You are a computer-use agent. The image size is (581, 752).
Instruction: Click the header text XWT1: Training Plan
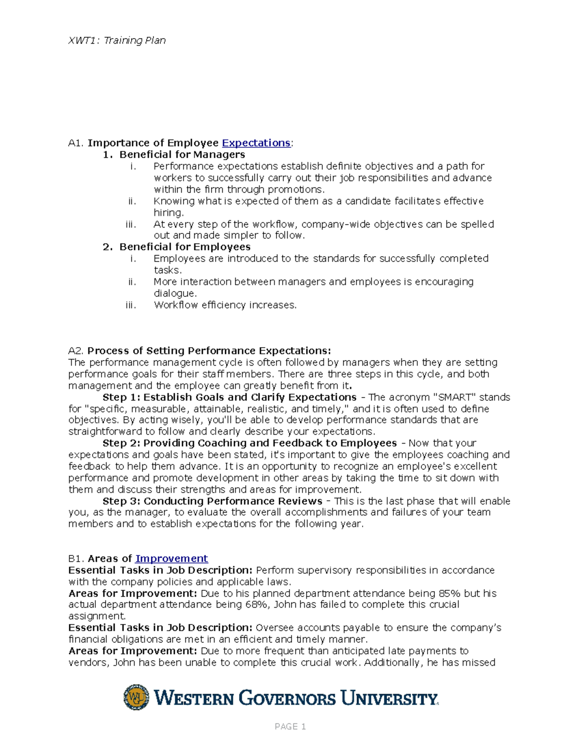point(117,41)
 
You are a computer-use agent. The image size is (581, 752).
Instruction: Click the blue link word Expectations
point(256,143)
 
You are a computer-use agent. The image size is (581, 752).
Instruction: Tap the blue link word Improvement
point(171,559)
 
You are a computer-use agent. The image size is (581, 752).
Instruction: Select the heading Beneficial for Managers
point(182,154)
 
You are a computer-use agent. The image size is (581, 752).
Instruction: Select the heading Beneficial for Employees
point(185,247)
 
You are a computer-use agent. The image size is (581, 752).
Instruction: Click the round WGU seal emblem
point(137,698)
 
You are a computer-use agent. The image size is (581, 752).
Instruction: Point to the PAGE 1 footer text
point(290,726)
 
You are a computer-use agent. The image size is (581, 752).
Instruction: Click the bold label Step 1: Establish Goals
point(229,398)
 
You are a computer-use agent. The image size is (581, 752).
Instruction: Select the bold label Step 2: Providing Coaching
point(249,444)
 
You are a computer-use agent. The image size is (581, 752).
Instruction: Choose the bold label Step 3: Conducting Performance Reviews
point(212,501)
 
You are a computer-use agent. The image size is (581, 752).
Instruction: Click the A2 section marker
point(76,351)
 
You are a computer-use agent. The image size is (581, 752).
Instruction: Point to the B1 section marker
point(76,559)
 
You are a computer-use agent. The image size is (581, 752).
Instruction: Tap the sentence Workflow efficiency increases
point(225,305)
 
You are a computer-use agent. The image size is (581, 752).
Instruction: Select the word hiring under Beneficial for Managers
point(168,213)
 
